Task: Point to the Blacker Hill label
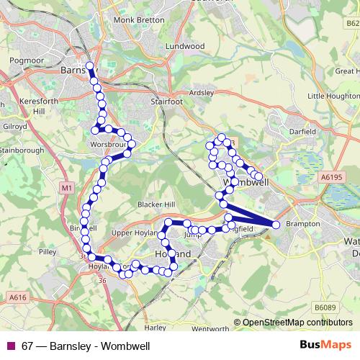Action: click(156, 204)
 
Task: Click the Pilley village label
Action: click(48, 252)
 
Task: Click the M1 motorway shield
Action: click(66, 188)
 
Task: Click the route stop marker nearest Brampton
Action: click(276, 225)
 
